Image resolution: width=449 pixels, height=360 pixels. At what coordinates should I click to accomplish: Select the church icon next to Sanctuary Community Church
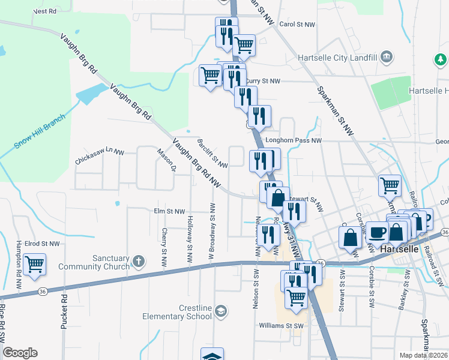pos(139,261)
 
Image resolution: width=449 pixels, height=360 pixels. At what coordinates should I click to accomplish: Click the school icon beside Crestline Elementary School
pos(221,310)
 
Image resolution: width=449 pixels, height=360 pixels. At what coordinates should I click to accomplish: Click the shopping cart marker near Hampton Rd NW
pos(35,263)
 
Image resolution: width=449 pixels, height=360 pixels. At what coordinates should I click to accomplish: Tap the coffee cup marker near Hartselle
pos(377,232)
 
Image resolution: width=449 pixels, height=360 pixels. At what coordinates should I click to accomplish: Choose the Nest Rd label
pos(45,11)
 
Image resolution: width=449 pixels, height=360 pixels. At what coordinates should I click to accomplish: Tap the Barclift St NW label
pos(212,154)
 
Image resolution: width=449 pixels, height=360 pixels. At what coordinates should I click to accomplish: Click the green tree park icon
pos(441,59)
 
